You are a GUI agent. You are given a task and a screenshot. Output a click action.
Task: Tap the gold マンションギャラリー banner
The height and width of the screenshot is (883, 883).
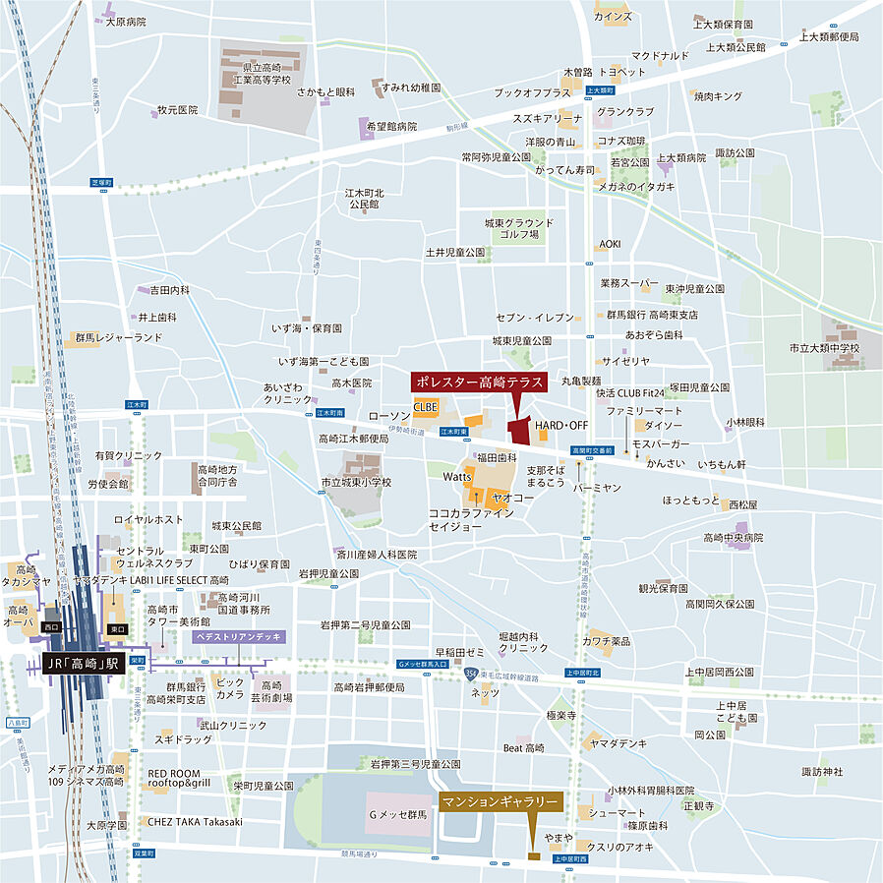tap(500, 802)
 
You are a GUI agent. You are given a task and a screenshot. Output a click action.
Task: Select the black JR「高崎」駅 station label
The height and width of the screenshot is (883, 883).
tap(85, 665)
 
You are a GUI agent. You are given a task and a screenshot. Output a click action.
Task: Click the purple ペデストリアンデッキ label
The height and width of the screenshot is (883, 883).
tap(238, 637)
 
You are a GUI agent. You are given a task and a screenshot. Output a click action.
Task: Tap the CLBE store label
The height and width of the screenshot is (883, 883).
tap(425, 406)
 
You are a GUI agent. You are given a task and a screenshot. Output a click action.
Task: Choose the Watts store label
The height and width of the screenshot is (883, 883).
tap(457, 476)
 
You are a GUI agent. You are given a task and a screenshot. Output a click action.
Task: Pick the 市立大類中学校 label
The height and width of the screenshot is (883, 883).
tap(823, 348)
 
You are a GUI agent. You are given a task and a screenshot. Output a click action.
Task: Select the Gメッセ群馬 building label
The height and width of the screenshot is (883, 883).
tap(397, 815)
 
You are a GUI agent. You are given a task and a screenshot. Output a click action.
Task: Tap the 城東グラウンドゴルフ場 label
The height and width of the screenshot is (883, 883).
tap(519, 229)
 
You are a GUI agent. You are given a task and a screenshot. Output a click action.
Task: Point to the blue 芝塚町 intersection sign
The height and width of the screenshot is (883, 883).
tap(102, 183)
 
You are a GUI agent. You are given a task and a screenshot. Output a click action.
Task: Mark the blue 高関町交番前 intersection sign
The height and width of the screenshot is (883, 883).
tap(593, 450)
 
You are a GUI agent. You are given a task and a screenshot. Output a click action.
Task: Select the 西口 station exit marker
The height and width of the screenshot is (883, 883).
tap(52, 626)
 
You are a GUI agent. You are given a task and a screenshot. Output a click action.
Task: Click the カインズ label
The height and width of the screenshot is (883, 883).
tap(613, 17)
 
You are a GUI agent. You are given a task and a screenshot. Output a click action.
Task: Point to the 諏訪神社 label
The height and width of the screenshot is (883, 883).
tap(822, 771)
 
